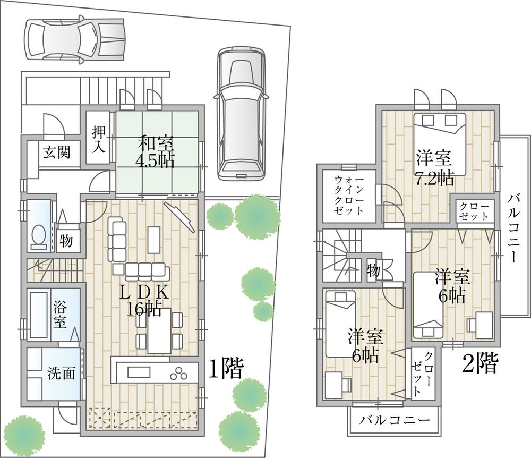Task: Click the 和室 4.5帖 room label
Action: (156, 151)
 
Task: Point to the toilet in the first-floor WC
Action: (39, 236)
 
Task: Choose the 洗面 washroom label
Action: (61, 373)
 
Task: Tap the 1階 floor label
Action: (225, 368)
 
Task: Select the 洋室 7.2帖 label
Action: (434, 167)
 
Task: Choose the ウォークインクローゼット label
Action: (349, 195)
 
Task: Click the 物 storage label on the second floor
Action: (374, 271)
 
